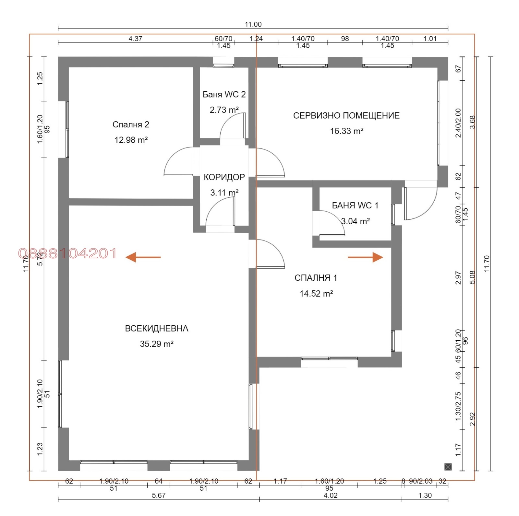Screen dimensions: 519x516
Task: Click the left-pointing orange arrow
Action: [x=143, y=257]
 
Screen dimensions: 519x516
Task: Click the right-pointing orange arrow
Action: [x=365, y=257]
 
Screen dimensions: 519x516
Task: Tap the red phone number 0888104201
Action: [x=67, y=253]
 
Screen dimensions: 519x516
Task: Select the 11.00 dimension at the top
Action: [x=253, y=24]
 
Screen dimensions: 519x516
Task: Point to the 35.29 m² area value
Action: [x=157, y=344]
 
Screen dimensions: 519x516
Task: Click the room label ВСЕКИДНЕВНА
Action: [x=157, y=328]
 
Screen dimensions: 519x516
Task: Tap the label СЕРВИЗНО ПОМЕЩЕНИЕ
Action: [x=346, y=115]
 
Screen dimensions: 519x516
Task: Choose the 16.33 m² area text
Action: [x=346, y=131]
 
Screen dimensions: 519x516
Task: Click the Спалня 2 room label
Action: [x=131, y=124]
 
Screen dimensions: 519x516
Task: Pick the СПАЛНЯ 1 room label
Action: [x=316, y=278]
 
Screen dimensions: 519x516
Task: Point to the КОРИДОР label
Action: [x=224, y=177]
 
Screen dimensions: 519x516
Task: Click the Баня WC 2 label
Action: [x=224, y=94]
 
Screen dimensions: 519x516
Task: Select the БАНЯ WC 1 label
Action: [x=355, y=205]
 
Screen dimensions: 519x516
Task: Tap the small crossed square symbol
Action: [x=448, y=467]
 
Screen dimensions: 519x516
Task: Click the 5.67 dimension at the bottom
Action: [x=159, y=495]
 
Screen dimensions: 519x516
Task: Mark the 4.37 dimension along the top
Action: [x=135, y=39]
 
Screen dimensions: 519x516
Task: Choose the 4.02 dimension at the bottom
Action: [x=331, y=495]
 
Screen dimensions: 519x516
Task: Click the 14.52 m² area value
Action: [x=316, y=293]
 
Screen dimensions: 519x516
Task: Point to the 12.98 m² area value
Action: [x=131, y=140]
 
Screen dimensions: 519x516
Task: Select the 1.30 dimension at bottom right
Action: [x=425, y=495]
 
